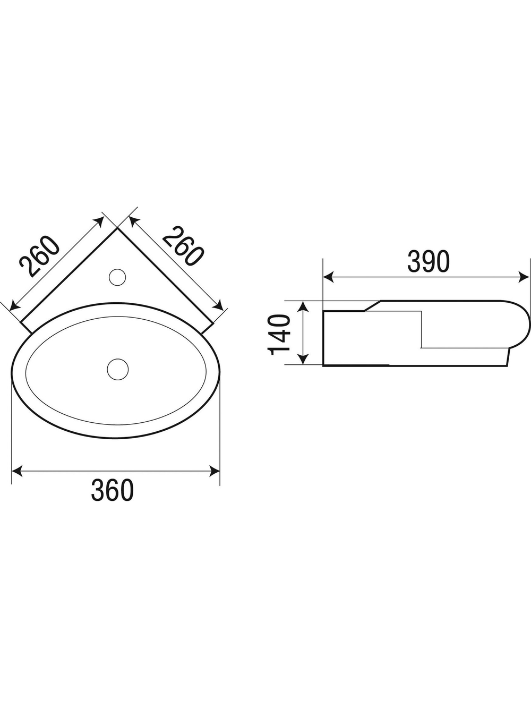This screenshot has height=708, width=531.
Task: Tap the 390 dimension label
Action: click(429, 261)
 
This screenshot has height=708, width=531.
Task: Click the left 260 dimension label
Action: click(40, 257)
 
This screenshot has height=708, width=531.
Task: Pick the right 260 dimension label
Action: click(183, 246)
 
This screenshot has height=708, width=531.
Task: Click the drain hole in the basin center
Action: click(118, 369)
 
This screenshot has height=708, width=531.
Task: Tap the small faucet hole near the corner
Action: click(117, 277)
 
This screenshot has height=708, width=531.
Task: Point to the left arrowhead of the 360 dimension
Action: click(17, 471)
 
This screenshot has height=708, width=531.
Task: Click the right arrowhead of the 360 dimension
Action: click(215, 471)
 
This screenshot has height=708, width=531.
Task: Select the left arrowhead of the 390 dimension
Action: click(328, 277)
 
